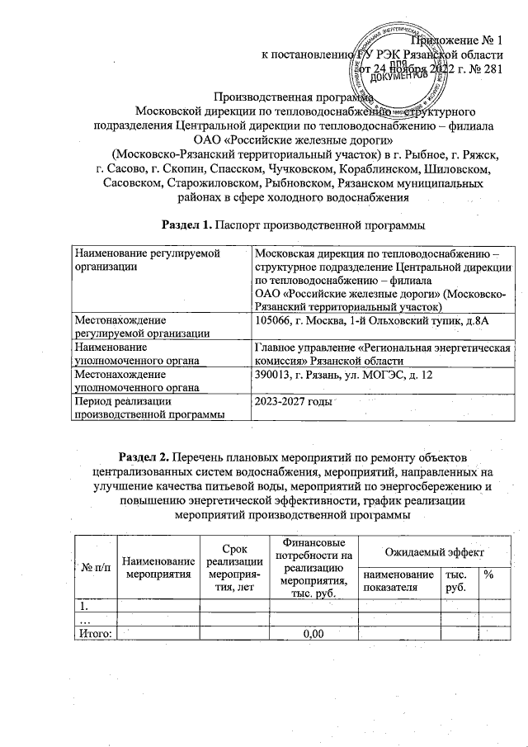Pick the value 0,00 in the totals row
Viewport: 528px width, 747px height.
[312, 633]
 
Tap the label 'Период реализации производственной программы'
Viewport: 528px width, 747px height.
[149, 408]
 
